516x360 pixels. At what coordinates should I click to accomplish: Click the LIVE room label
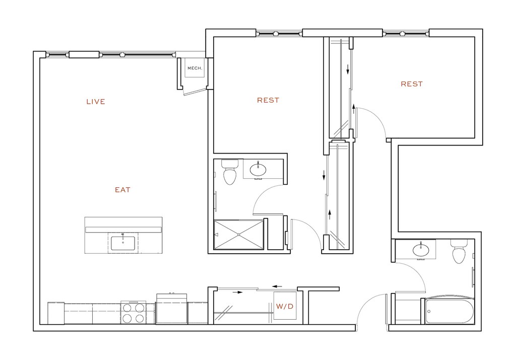pos(96,102)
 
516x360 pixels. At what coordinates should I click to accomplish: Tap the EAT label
pos(122,190)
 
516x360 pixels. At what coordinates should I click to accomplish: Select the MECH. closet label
pos(195,68)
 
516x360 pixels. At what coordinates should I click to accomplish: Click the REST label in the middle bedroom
pos(268,100)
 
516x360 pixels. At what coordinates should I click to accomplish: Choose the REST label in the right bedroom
pos(412,84)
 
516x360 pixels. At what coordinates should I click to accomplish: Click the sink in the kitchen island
pos(123,243)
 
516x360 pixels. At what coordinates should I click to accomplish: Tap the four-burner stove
pos(133,312)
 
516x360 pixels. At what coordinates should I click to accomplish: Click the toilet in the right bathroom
pos(459,251)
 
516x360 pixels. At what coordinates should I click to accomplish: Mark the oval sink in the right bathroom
pos(420,249)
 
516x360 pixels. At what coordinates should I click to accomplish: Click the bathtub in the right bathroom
pos(448,311)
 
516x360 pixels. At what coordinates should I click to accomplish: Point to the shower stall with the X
pos(239,234)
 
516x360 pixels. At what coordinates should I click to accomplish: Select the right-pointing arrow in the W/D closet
pos(237,292)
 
